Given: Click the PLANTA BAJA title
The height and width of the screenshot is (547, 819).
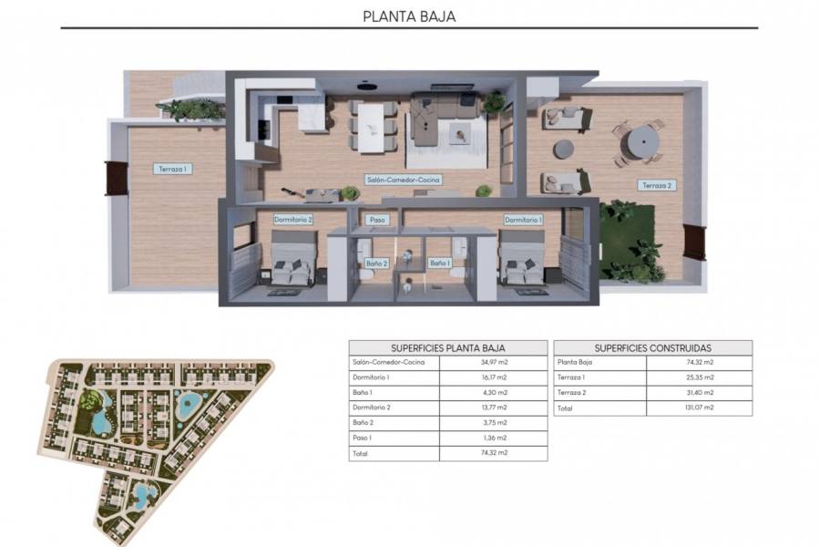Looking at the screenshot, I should pyautogui.click(x=409, y=15).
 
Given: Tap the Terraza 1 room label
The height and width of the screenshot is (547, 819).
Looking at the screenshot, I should pyautogui.click(x=172, y=169).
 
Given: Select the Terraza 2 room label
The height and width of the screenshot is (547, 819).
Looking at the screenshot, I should pyautogui.click(x=656, y=186).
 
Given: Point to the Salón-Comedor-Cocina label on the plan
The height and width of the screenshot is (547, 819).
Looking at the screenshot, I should pyautogui.click(x=403, y=181).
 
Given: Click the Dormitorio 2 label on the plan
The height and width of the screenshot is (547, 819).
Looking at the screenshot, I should pyautogui.click(x=293, y=220).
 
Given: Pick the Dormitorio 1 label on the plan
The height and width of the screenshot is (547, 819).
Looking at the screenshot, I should pyautogui.click(x=524, y=220).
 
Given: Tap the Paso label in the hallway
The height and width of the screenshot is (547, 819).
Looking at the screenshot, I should pyautogui.click(x=376, y=220).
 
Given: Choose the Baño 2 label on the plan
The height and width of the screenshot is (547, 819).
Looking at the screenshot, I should pyautogui.click(x=377, y=263).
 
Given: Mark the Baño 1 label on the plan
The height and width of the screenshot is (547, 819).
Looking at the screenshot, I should pyautogui.click(x=440, y=263).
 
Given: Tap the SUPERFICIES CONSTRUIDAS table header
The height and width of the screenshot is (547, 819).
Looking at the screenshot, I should pyautogui.click(x=652, y=347).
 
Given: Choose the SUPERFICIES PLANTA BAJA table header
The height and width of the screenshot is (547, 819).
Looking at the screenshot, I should pyautogui.click(x=447, y=347).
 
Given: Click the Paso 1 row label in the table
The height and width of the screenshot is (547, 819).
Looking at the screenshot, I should pyautogui.click(x=363, y=438).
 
